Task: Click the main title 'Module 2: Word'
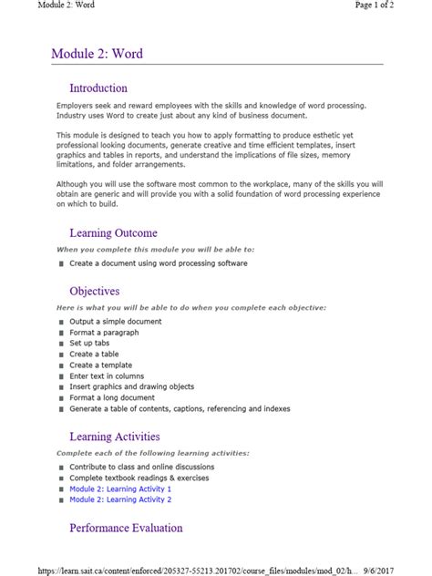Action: tap(97, 54)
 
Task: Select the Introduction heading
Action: tap(98, 88)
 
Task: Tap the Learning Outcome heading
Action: tap(113, 233)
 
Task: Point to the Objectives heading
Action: tap(94, 292)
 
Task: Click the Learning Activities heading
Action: tap(114, 437)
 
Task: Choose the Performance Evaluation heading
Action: tap(126, 528)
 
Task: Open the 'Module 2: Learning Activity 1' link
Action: tap(120, 489)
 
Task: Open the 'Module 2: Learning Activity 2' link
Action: tap(120, 499)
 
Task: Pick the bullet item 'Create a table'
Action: tap(94, 355)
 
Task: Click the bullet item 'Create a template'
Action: tap(100, 365)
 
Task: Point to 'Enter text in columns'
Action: tap(107, 375)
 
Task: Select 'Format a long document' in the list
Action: tap(112, 397)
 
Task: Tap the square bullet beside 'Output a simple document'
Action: tap(60, 322)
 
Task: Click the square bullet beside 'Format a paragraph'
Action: tap(60, 333)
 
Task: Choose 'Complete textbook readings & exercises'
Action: tap(139, 478)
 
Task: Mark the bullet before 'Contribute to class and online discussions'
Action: tap(60, 468)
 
